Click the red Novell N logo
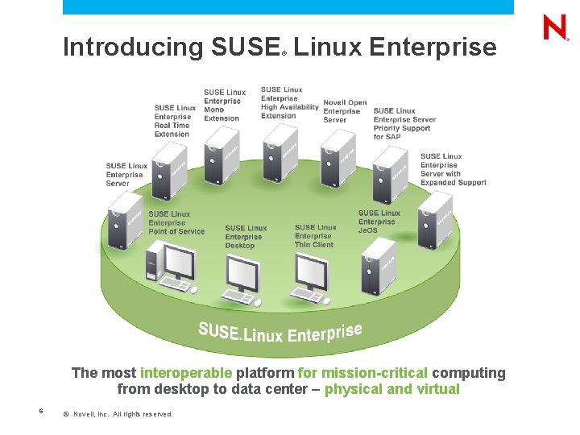556,28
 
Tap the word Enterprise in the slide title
433,48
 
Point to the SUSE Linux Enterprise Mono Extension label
223,105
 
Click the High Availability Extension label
288,102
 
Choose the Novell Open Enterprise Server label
345,111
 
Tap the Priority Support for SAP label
404,123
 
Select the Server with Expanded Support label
453,169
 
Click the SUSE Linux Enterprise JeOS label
379,222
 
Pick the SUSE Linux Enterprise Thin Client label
315,236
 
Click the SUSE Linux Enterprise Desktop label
246,237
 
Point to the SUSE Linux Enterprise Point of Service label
176,222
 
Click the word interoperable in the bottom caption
186,373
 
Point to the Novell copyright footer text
118,414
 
